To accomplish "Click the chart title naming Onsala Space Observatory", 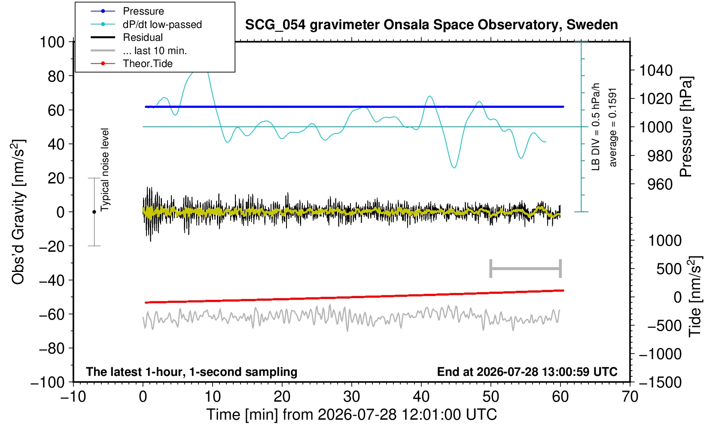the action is click(431, 25).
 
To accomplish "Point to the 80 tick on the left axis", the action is click(56, 76).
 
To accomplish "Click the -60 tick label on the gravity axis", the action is click(52, 314).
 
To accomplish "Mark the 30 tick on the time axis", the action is click(351, 397).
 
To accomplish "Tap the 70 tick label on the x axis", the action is click(630, 397).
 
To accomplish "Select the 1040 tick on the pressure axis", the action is click(656, 70).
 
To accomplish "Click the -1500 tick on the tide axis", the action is click(660, 382).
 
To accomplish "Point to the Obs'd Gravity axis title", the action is click(18, 212).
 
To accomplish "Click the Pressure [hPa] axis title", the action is click(686, 127).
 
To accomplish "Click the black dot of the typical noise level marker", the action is click(94, 212).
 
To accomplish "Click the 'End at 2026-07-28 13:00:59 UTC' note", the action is click(527, 372).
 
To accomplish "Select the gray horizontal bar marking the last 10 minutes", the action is click(526, 268).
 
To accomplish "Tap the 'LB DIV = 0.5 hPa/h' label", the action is click(596, 127).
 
